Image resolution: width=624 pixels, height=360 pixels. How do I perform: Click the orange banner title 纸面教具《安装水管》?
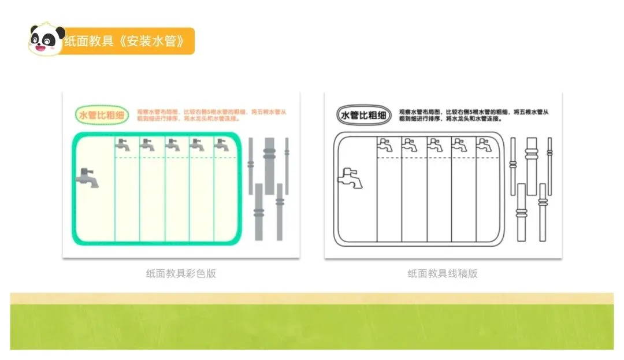pos(125,41)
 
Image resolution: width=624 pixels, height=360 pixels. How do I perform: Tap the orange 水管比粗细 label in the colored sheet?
pos(102,115)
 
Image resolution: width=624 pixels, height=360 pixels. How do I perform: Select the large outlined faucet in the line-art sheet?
pos(351,177)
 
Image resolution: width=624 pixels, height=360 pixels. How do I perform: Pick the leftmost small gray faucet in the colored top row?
pos(122,144)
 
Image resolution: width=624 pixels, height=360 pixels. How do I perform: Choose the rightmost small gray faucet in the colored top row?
pos(221,144)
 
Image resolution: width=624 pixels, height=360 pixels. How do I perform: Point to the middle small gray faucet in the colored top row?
pos(172,144)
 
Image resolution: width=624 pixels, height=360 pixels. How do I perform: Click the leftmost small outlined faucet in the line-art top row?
pos(385,144)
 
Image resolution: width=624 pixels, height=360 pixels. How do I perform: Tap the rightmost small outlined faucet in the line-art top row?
pos(483,144)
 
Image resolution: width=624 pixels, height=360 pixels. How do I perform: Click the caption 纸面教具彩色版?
pos(181,274)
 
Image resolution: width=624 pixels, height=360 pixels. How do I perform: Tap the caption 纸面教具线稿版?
pos(443,274)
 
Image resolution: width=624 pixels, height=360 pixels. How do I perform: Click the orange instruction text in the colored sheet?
pos(211,115)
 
